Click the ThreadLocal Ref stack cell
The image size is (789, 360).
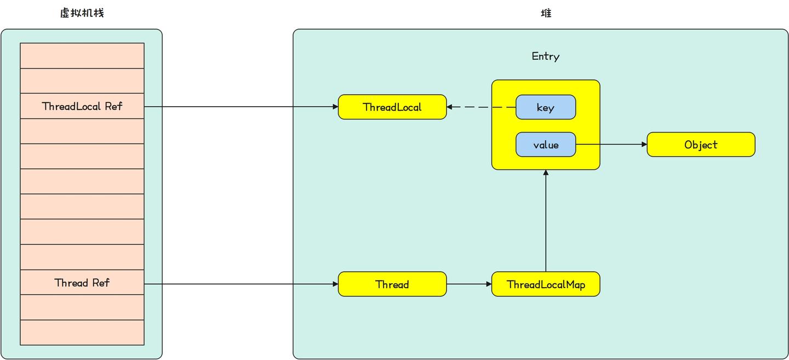click(x=82, y=106)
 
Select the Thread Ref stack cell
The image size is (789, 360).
click(x=82, y=283)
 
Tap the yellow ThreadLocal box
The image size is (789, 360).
click(x=392, y=107)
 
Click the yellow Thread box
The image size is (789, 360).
click(x=392, y=284)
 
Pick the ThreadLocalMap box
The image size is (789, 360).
click(x=546, y=284)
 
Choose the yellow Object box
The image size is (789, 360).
click(x=701, y=145)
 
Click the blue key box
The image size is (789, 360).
click(x=546, y=107)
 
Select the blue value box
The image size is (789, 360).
click(x=546, y=145)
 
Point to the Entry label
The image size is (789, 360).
click(x=546, y=56)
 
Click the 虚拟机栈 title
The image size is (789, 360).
click(x=82, y=13)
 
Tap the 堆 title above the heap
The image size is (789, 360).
click(x=546, y=13)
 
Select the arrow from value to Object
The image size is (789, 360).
click(x=611, y=145)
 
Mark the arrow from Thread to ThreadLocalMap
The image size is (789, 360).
click(x=469, y=284)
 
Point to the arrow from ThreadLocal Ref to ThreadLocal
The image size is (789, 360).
click(x=241, y=107)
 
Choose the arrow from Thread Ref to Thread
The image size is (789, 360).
click(x=241, y=284)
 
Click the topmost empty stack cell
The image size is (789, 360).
click(x=82, y=55)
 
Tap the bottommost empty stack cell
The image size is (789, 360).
click(x=82, y=333)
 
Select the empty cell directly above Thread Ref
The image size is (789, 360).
click(x=82, y=257)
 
